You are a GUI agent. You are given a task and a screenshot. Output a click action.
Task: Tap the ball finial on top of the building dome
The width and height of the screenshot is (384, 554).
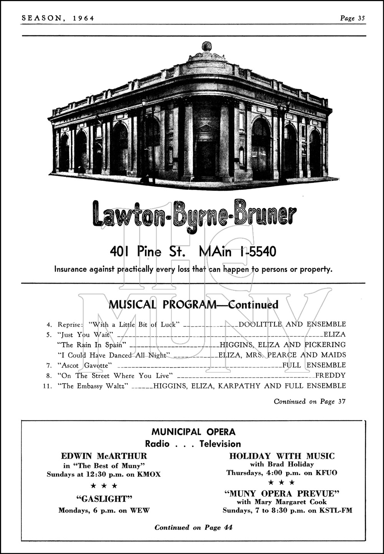(x=207, y=46)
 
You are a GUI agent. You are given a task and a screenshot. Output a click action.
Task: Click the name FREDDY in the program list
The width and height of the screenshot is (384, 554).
(x=330, y=375)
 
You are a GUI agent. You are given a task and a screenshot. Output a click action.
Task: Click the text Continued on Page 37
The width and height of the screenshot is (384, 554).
(x=310, y=402)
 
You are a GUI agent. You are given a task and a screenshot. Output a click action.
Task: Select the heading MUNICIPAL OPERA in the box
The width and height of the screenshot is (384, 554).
(x=193, y=432)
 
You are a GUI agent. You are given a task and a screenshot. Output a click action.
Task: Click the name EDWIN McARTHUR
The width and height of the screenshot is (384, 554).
(x=104, y=456)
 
